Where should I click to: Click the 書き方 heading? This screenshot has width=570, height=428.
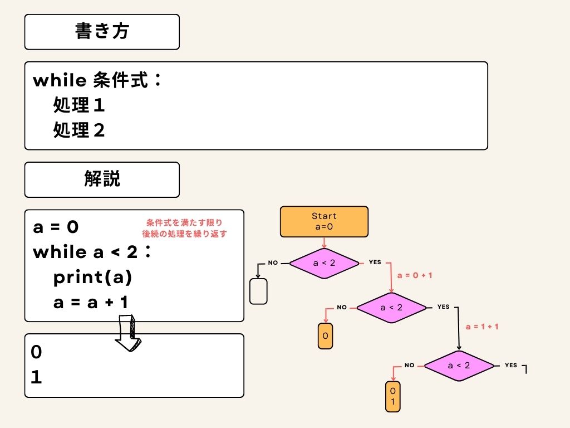click(x=102, y=32)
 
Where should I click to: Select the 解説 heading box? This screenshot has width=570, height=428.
click(x=102, y=179)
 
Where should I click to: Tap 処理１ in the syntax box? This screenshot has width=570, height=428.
click(x=79, y=105)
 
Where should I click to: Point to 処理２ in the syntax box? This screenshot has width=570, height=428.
click(x=79, y=130)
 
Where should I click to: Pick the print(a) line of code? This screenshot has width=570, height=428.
click(x=93, y=278)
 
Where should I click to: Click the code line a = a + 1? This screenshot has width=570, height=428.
click(x=91, y=303)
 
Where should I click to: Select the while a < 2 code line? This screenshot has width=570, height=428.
click(x=92, y=252)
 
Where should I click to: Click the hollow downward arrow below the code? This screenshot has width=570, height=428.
click(x=129, y=333)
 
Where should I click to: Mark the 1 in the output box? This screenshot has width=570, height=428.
click(x=36, y=378)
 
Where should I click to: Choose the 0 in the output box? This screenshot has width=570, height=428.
click(x=36, y=352)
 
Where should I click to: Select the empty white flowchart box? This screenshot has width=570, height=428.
click(x=259, y=291)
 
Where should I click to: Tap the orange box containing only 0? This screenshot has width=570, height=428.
click(x=325, y=336)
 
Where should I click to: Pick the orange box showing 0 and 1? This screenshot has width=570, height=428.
click(x=392, y=396)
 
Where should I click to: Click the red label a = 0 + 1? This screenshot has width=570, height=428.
click(x=415, y=276)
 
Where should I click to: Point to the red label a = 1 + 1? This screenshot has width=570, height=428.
click(x=481, y=326)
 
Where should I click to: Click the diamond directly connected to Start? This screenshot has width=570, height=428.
click(x=324, y=262)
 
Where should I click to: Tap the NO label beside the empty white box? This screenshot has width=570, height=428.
click(x=273, y=262)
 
